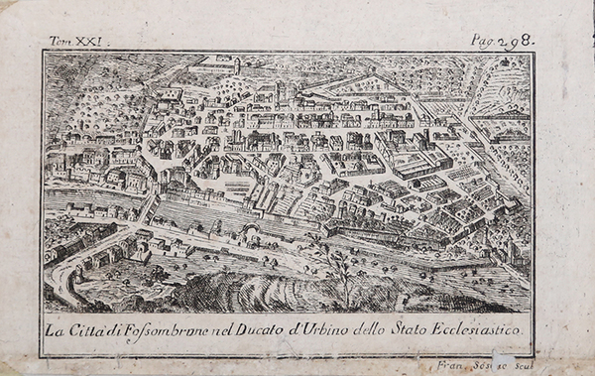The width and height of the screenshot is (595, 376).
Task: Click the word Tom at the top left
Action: pos(60,43)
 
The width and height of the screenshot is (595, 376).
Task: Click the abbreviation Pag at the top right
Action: pos(483,42)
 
